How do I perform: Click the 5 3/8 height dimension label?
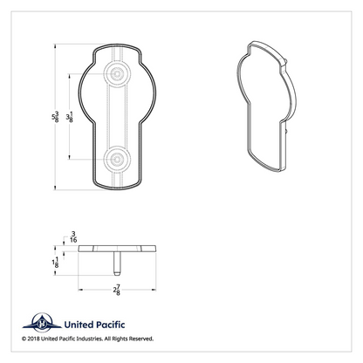[x=55, y=117]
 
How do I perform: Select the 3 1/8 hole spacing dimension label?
[x=69, y=117]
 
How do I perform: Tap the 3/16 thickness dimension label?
[x=73, y=236]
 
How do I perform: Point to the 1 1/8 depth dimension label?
[x=55, y=262]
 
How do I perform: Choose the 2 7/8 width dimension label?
[x=117, y=290]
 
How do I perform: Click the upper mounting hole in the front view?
[x=117, y=74]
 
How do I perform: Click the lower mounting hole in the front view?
[x=117, y=160]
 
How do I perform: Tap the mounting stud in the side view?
[x=117, y=264]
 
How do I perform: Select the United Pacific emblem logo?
[x=42, y=323]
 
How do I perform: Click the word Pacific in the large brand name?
[x=110, y=325]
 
